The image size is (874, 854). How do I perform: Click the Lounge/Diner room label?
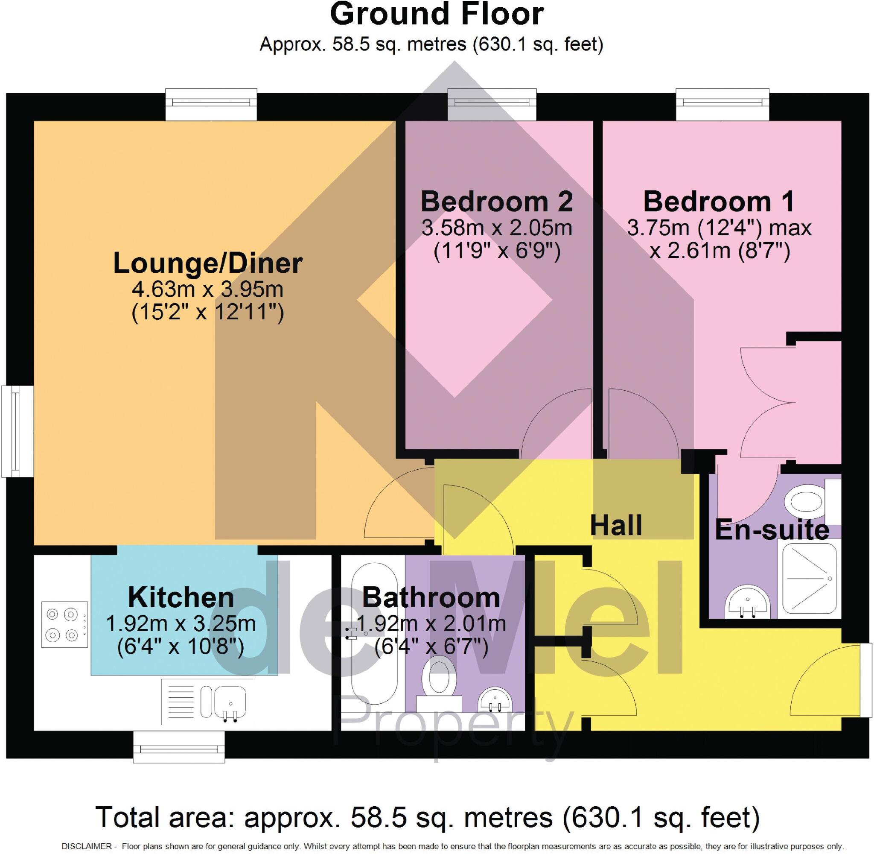pyautogui.click(x=207, y=263)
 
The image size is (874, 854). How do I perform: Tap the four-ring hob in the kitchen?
pyautogui.click(x=64, y=624)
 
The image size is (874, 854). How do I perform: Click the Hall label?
pyautogui.click(x=616, y=525)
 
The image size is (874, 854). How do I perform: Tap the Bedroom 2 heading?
pyautogui.click(x=497, y=202)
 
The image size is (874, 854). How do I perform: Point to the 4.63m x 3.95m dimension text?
pyautogui.click(x=207, y=290)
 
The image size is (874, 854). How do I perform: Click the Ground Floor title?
pyautogui.click(x=437, y=15)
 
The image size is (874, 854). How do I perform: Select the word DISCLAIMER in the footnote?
pyautogui.click(x=86, y=846)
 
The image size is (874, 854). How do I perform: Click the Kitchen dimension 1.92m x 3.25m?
pyautogui.click(x=181, y=623)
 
